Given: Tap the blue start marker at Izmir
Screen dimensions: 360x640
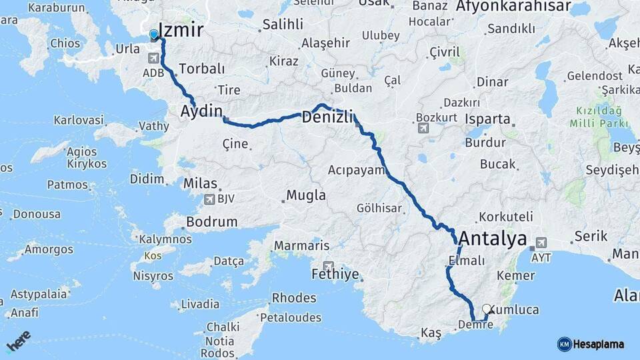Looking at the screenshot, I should click(x=154, y=35).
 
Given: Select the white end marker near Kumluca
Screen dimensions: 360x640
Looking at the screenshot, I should click(x=487, y=309).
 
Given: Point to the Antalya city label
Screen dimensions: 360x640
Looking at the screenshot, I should click(x=493, y=239).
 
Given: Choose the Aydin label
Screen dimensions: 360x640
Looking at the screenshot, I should click(x=201, y=111).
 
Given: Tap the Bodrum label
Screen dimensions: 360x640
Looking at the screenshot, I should click(x=212, y=222).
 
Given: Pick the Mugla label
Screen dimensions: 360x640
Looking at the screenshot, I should click(x=306, y=195).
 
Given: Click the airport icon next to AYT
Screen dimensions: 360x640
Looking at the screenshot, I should click(x=541, y=243).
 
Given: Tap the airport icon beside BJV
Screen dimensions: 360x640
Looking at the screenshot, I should click(x=209, y=199).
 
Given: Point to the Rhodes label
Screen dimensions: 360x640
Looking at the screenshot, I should click(x=294, y=298).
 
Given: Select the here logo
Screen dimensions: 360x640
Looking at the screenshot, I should click(x=19, y=340).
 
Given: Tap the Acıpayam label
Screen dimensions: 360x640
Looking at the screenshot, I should click(x=357, y=170).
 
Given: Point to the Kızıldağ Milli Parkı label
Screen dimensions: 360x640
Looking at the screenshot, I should click(x=599, y=117).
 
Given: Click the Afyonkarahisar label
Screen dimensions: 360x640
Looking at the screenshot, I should click(x=513, y=7).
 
